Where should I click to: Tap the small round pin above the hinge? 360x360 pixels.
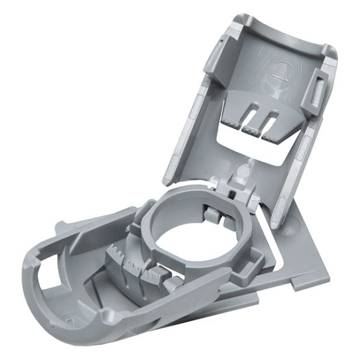click(x=243, y=171)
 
